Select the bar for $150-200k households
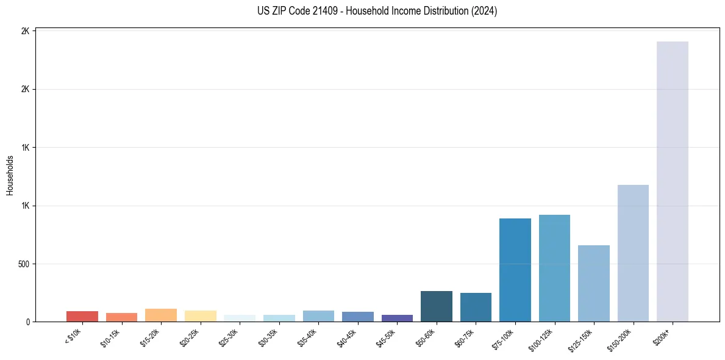click(x=633, y=253)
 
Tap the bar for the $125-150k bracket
click(x=593, y=283)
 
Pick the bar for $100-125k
click(x=554, y=268)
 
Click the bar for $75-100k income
click(x=515, y=270)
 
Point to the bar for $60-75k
click(x=476, y=307)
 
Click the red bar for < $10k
click(x=82, y=316)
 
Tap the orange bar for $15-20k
click(x=161, y=315)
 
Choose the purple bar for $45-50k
click(x=397, y=318)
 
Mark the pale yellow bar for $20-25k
click(x=200, y=316)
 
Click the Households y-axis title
click(x=10, y=175)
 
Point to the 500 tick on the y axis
click(x=24, y=264)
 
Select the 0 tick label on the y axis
click(x=28, y=322)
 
